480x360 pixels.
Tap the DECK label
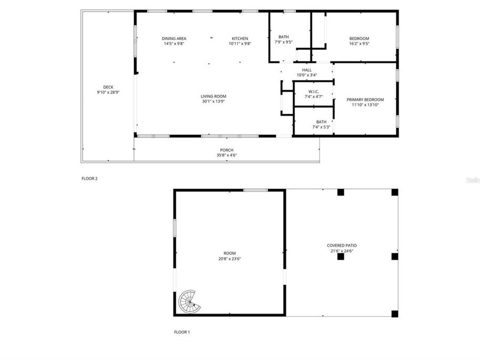pos(108,87)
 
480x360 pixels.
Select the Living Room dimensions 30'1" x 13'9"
pos(213,101)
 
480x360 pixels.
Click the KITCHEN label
pos(240,38)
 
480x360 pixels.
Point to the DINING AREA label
pos(174,38)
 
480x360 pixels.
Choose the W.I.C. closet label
pos(314,92)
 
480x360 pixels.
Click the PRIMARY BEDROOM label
pos(365,100)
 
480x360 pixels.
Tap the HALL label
pos(307,70)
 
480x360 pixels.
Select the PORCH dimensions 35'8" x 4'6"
pos(227,155)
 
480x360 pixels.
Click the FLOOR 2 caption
pos(90,179)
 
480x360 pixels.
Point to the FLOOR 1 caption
pos(182,332)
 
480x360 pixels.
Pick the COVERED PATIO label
pos(341,246)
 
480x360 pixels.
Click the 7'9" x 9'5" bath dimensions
pos(284,42)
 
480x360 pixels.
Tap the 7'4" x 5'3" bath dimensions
pos(321,127)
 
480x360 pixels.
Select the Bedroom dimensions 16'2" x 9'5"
pos(359,44)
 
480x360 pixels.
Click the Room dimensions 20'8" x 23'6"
pos(230,259)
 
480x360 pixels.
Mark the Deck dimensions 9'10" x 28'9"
pos(108,92)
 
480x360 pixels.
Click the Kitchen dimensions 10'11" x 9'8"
pos(240,44)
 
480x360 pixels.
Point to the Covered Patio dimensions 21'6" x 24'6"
pos(341,251)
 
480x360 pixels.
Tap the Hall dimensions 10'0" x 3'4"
pos(307,75)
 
